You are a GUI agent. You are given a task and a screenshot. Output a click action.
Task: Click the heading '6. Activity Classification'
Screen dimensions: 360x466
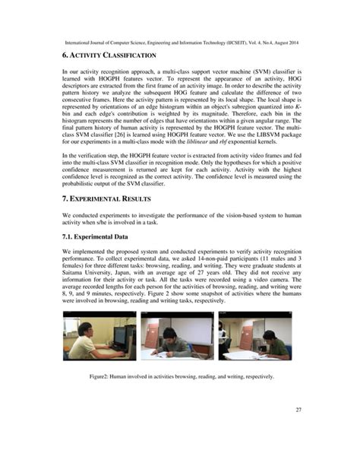(110, 56)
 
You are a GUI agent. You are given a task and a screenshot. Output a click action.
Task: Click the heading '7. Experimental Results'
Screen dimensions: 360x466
(107, 198)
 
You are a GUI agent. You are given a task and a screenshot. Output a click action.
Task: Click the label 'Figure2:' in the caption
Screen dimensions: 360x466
(102, 376)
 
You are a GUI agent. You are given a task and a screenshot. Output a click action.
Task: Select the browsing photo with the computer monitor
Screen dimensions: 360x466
(99, 334)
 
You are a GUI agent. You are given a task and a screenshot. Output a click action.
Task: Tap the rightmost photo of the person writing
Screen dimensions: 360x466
(254, 334)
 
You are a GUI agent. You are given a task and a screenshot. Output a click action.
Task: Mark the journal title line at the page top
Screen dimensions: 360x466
(179, 34)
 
